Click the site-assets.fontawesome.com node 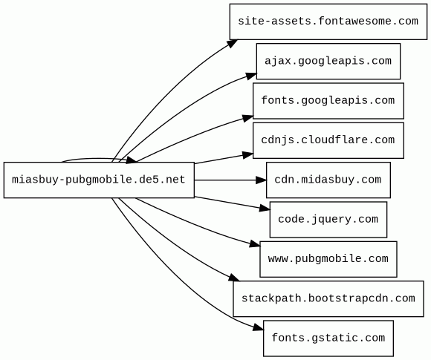(328, 22)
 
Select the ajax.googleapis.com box (328, 61)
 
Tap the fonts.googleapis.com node (328, 101)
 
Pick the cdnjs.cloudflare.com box (328, 140)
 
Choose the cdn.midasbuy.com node (328, 180)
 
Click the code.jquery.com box (328, 220)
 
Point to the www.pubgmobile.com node (328, 259)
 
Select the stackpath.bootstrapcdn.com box (328, 298)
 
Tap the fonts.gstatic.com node (328, 338)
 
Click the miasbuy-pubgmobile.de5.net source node (99, 180)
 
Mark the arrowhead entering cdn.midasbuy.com (261, 180)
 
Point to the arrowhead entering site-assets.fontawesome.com (233, 43)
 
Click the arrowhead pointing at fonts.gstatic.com (258, 327)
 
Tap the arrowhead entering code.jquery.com (265, 209)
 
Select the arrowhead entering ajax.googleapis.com (251, 76)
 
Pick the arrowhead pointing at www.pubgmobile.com (255, 243)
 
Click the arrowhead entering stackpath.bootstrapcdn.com (234, 278)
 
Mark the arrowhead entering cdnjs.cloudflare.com (247, 155)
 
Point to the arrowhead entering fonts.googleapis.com (247, 118)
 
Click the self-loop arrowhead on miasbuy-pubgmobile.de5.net (131, 160)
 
